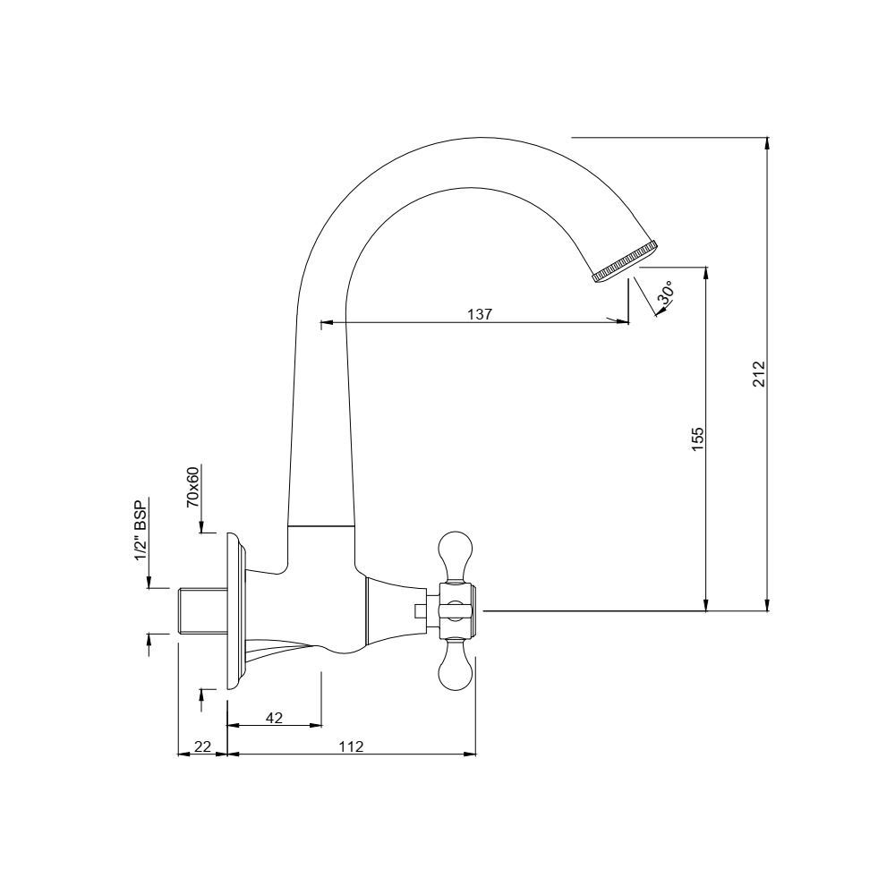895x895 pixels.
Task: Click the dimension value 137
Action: [x=480, y=314]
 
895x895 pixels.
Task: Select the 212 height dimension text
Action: [x=759, y=374]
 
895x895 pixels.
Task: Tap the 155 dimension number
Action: [x=698, y=439]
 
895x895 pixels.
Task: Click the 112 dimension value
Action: [x=351, y=746]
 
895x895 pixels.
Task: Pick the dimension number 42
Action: [x=275, y=718]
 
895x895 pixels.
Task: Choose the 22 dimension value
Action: [x=203, y=746]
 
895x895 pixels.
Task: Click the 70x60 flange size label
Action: [x=193, y=487]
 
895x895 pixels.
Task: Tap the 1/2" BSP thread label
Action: [x=141, y=529]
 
